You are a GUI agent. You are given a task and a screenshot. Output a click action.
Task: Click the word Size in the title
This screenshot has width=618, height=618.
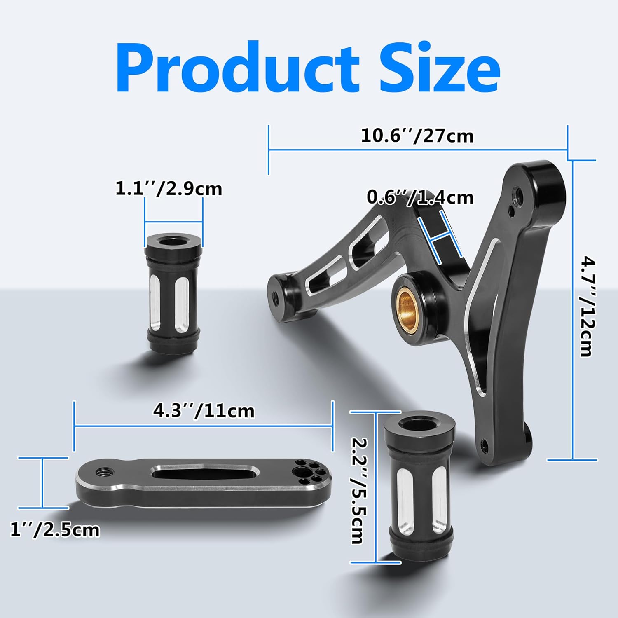click(439, 68)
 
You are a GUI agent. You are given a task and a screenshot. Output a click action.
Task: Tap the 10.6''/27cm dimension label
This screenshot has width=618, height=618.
click(417, 136)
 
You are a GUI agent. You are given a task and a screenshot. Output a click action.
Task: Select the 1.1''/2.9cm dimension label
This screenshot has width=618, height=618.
click(169, 189)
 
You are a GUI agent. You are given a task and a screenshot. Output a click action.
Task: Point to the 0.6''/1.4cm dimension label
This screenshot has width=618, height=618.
click(420, 198)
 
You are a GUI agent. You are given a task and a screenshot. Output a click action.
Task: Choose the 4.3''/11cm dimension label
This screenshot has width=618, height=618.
click(204, 411)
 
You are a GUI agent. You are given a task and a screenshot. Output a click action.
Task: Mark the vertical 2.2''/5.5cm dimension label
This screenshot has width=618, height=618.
click(357, 490)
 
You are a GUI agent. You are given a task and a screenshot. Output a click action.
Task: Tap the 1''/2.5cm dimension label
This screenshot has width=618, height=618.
click(55, 530)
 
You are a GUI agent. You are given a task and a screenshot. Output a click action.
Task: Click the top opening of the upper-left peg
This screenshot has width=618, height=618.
click(173, 241)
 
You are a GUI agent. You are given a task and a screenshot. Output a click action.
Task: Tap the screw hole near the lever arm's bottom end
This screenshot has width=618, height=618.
click(483, 444)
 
